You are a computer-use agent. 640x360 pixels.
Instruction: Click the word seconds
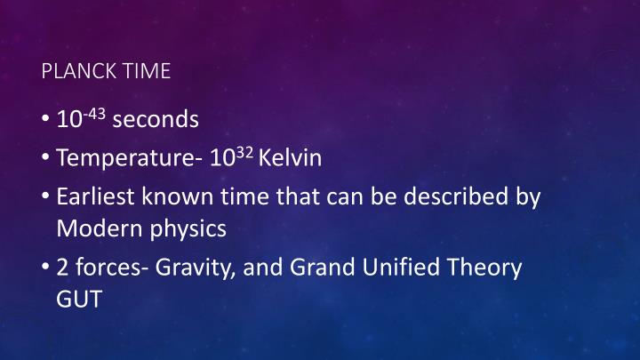[156, 118]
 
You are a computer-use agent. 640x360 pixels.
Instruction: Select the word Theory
[488, 268]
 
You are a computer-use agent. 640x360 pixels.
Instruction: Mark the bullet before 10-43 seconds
[46, 119]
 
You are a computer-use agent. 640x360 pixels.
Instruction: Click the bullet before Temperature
[46, 159]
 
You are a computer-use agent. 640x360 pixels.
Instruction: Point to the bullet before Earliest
[46, 198]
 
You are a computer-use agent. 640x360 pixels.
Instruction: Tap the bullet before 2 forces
[46, 268]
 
